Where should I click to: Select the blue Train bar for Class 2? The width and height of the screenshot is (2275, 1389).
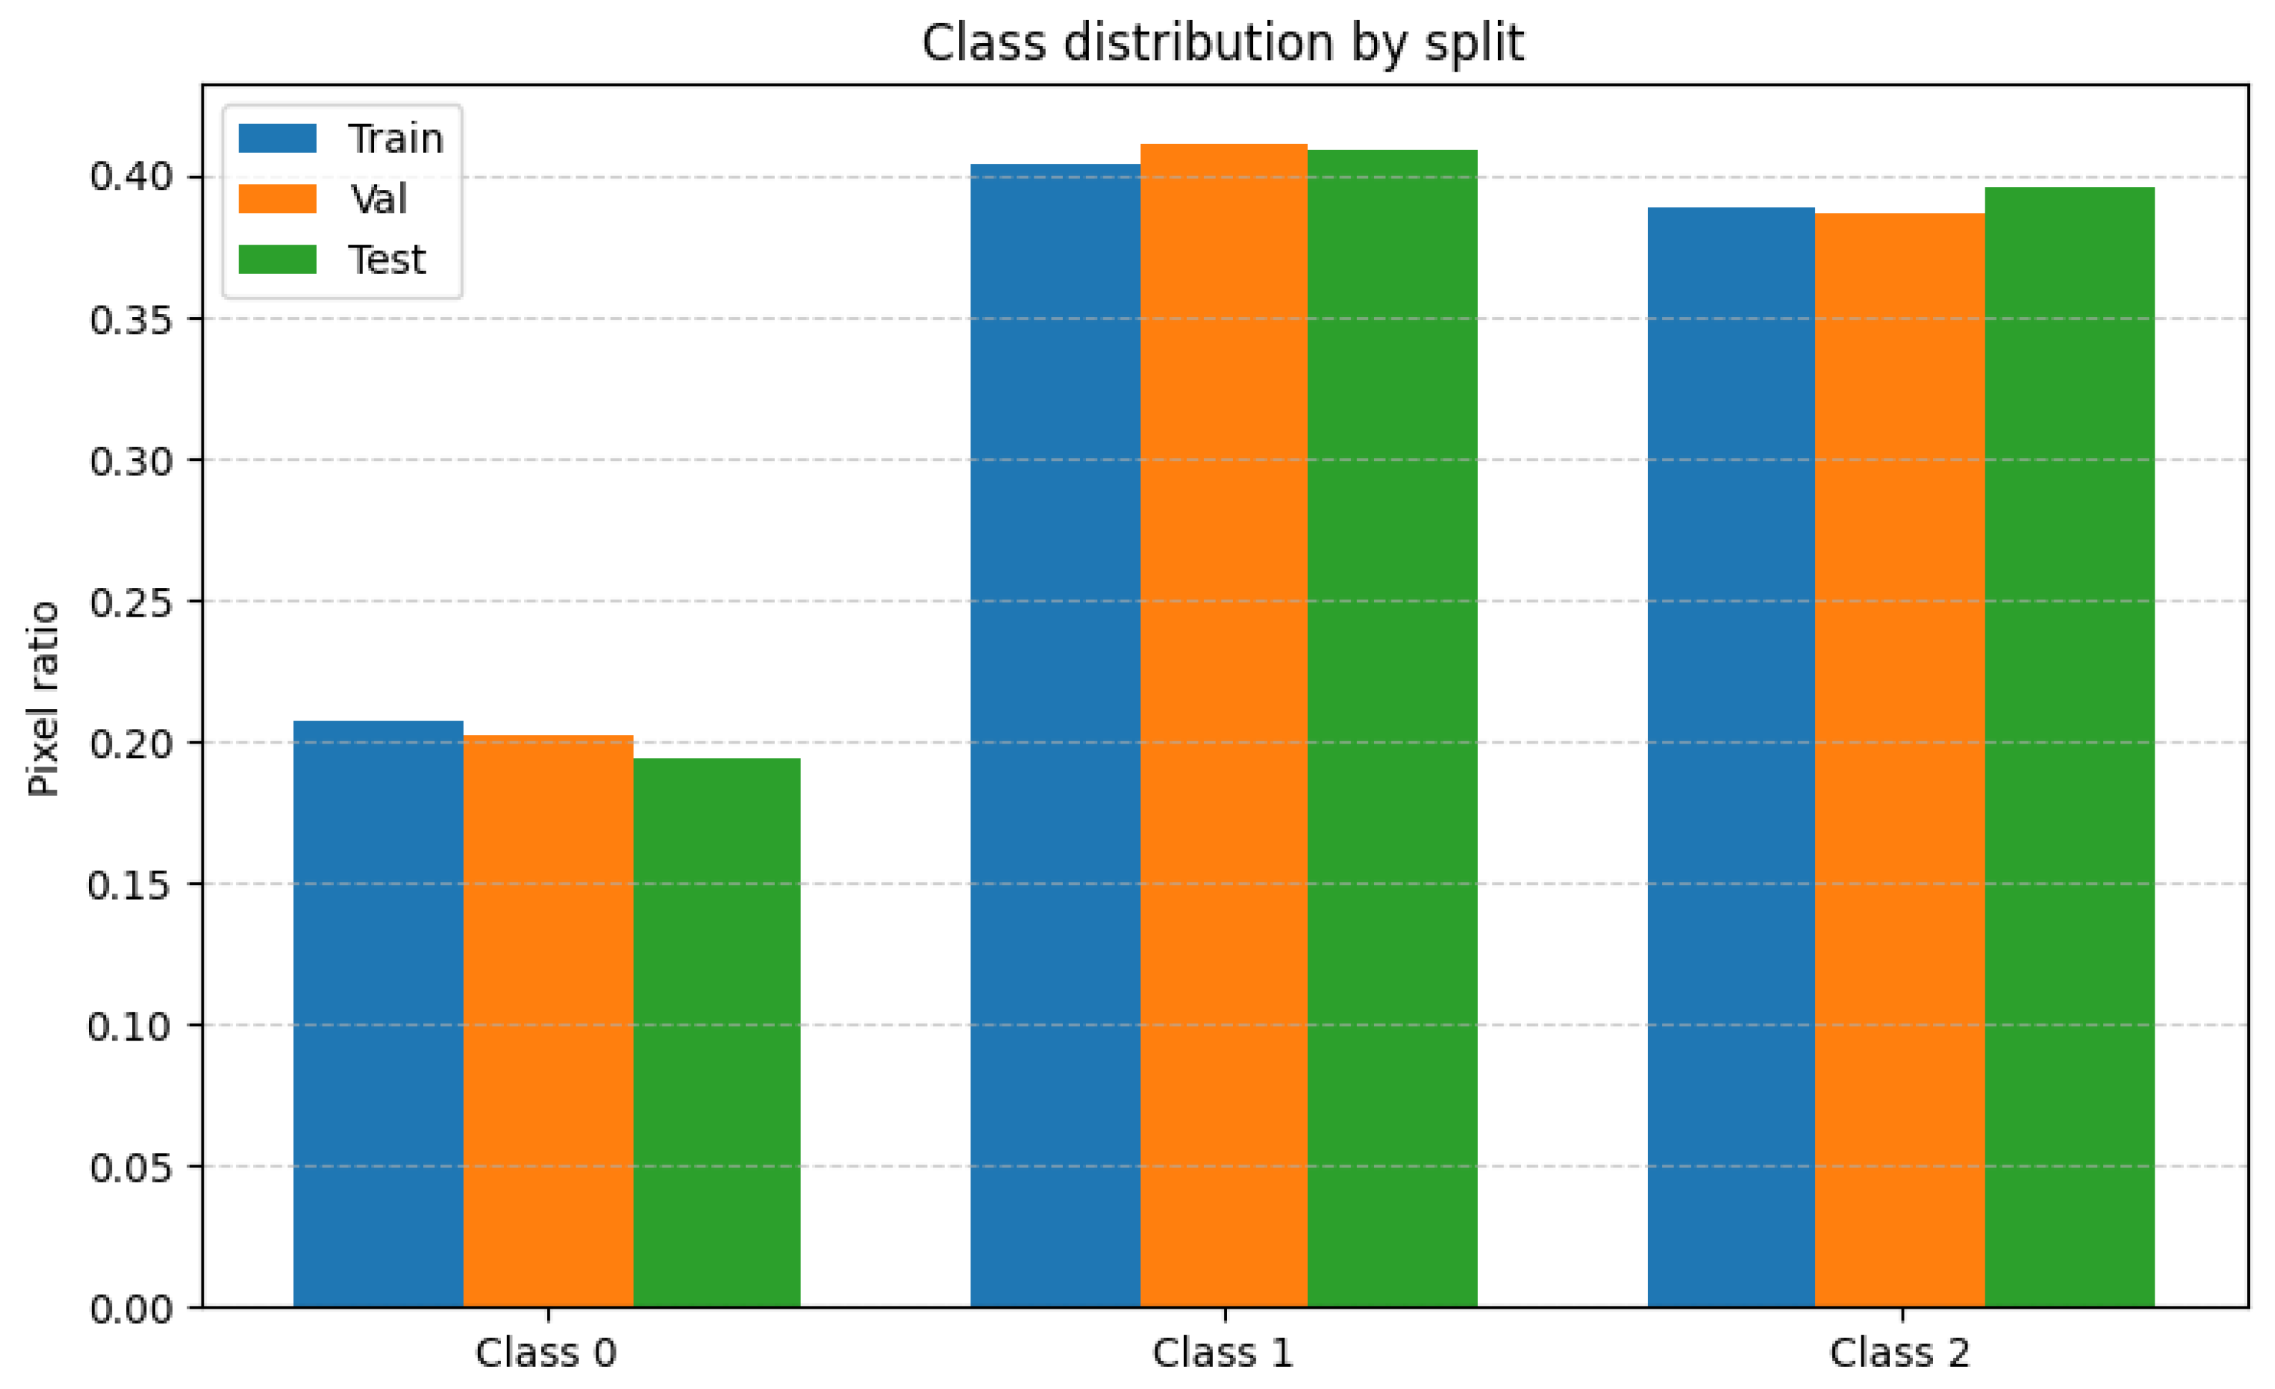[1730, 757]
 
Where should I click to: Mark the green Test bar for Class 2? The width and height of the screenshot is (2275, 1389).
[2069, 747]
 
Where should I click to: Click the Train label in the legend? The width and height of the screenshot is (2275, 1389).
[395, 138]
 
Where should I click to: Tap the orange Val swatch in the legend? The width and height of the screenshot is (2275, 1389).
[277, 199]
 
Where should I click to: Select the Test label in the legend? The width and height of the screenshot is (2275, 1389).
[386, 260]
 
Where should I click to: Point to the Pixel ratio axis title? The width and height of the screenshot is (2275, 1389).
[42, 698]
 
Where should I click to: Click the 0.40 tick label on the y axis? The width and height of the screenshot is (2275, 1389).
[131, 176]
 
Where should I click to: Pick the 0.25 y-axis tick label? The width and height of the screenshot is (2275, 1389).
[131, 602]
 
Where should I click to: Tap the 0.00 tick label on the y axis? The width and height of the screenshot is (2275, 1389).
[131, 1309]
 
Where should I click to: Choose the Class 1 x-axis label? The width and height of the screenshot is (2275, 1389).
[1223, 1353]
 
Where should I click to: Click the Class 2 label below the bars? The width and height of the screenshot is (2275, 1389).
[1899, 1353]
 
